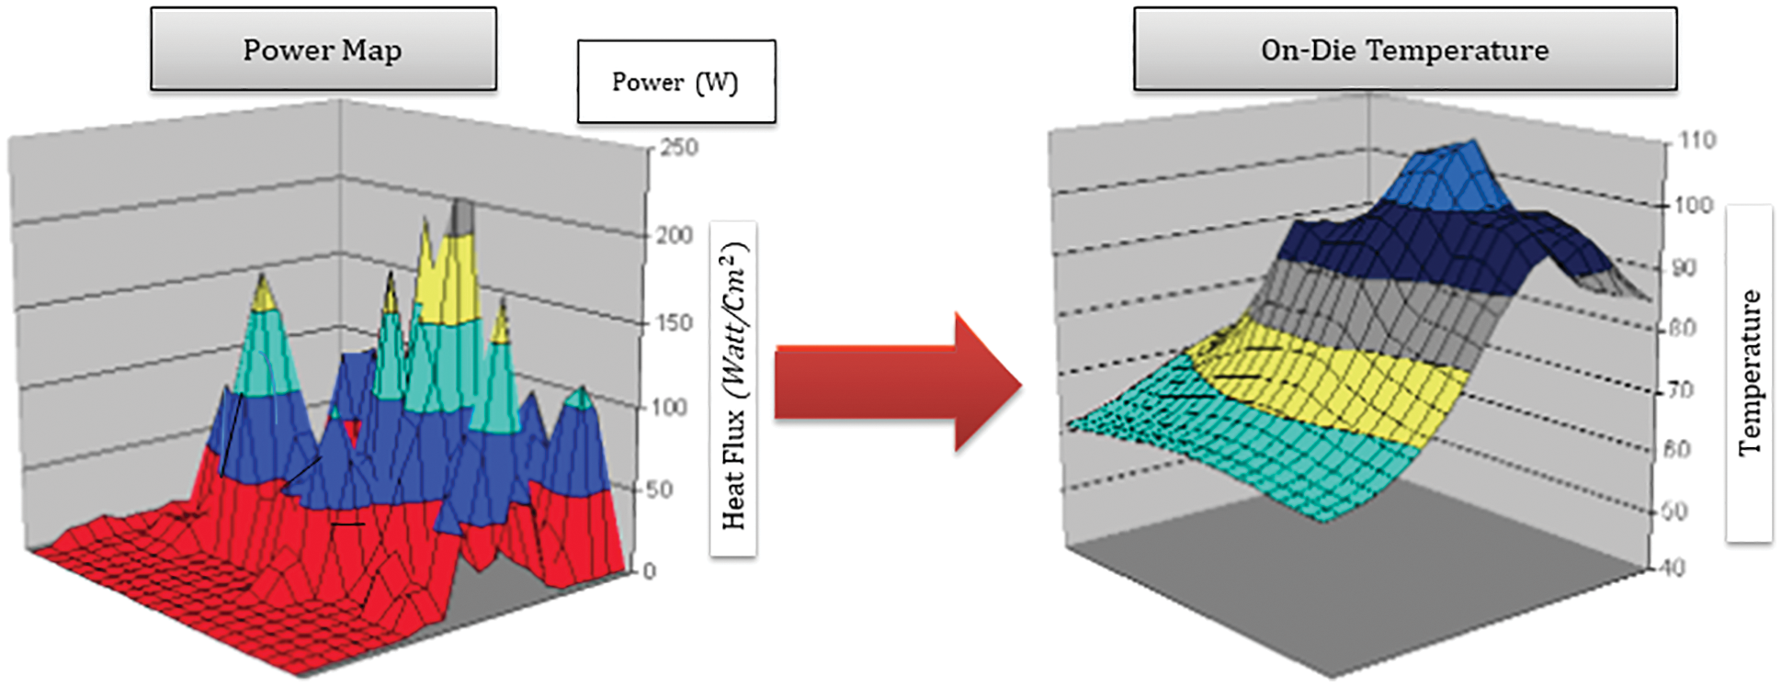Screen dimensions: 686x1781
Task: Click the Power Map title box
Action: coord(323,50)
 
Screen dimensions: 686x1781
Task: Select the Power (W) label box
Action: coord(675,82)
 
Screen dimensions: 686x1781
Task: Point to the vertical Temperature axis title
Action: coord(1749,373)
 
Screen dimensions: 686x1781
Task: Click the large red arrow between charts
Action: coord(897,382)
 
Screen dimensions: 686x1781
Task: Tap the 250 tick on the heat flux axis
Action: coord(678,148)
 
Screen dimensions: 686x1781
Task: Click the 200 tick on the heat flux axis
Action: coord(675,236)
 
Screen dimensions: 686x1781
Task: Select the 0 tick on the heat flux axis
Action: coord(650,571)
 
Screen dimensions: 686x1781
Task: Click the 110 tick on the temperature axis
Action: coord(1696,141)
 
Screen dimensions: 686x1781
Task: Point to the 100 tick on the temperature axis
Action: coord(1693,205)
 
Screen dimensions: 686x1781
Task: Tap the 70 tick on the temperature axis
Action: coord(1680,390)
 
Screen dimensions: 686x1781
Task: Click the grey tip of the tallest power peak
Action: coord(463,217)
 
